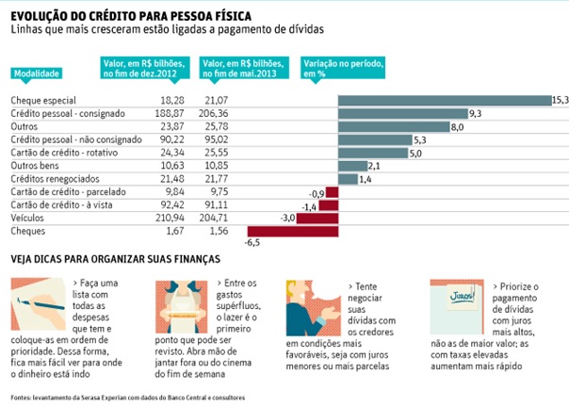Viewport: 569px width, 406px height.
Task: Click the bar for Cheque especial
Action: (444, 100)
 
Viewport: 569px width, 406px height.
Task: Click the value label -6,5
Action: (252, 242)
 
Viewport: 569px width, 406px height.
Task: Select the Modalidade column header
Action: (39, 73)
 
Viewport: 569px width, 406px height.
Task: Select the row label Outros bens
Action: (34, 166)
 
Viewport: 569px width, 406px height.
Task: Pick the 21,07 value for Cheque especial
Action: (216, 100)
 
